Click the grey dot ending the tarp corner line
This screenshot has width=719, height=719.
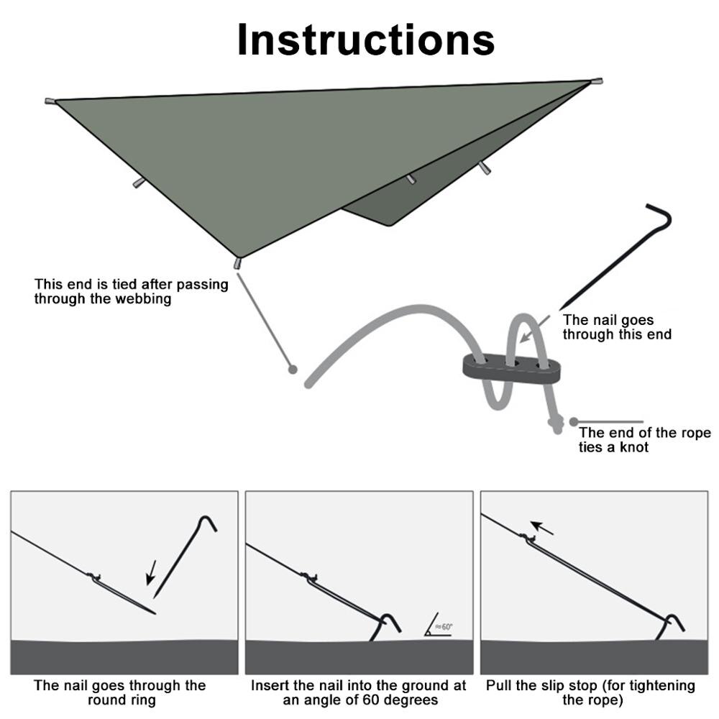(292, 369)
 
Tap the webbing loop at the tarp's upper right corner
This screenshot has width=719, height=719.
(597, 81)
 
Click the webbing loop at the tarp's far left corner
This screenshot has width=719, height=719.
(50, 101)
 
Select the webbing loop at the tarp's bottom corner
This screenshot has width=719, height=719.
(238, 263)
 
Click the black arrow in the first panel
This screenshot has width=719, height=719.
(151, 573)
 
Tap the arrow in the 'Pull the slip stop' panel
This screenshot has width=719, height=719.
(544, 528)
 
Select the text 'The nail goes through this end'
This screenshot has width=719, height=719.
(617, 327)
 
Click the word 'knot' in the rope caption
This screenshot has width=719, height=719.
(634, 447)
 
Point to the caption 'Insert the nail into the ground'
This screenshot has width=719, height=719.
(358, 686)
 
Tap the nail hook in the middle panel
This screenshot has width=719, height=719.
(392, 621)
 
